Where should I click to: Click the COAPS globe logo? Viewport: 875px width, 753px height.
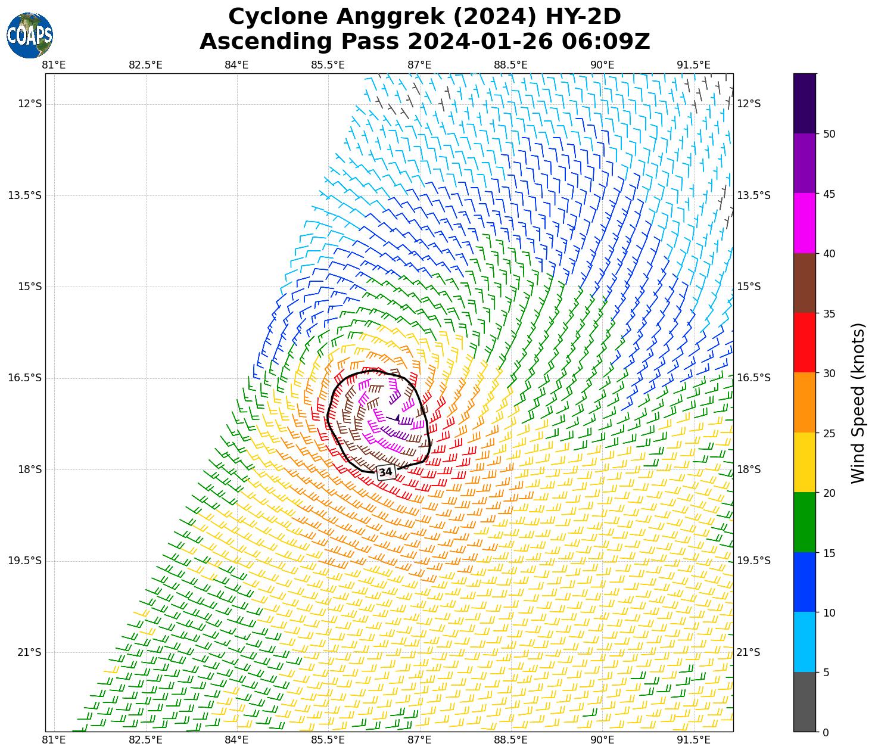click(30, 36)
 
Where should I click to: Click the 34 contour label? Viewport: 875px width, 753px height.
click(386, 472)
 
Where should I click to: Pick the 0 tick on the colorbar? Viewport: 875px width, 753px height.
click(825, 732)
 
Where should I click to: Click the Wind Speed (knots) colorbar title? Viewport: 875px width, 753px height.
click(858, 403)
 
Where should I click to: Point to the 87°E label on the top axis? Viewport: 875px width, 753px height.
click(419, 65)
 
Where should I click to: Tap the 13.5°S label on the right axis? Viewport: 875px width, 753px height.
click(753, 195)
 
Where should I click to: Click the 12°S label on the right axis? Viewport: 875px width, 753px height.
click(749, 104)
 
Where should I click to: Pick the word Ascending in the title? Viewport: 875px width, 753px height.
click(266, 42)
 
